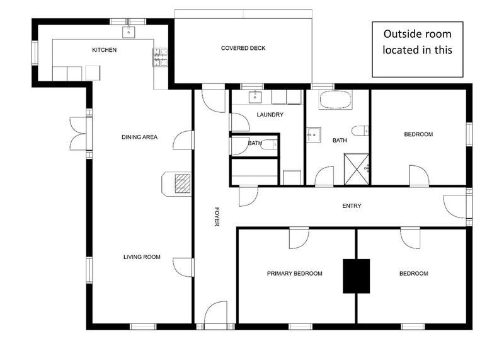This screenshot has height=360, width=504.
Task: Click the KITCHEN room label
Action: pyautogui.click(x=104, y=50)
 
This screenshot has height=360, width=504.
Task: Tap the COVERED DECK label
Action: pyautogui.click(x=243, y=49)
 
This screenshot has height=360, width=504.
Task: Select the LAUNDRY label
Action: pyautogui.click(x=270, y=115)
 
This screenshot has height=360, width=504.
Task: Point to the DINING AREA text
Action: pyautogui.click(x=139, y=137)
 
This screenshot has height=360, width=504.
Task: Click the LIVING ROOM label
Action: pyautogui.click(x=142, y=257)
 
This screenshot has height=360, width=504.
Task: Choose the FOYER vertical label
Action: pyautogui.click(x=217, y=216)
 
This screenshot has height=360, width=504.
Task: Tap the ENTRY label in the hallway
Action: pyautogui.click(x=352, y=206)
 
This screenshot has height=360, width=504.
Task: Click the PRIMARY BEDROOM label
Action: pyautogui.click(x=294, y=274)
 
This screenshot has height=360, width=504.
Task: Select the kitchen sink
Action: pyautogui.click(x=129, y=32)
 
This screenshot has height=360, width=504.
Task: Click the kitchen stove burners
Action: pyautogui.click(x=160, y=57)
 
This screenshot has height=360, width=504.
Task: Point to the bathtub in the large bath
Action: pyautogui.click(x=335, y=100)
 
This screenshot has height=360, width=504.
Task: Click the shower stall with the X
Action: pyautogui.click(x=357, y=169)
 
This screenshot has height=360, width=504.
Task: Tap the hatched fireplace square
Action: pyautogui.click(x=183, y=183)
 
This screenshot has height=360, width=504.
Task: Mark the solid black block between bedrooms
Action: pyautogui.click(x=356, y=276)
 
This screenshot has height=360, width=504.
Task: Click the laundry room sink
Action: pyautogui.click(x=255, y=97)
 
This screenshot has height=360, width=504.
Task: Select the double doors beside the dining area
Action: pyautogui.click(x=78, y=134)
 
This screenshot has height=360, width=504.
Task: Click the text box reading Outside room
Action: pyautogui.click(x=418, y=49)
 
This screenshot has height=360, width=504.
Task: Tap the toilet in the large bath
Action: pyautogui.click(x=360, y=131)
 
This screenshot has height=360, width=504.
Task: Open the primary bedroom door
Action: pyautogui.click(x=299, y=238)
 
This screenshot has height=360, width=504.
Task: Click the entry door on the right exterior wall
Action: pyautogui.click(x=454, y=206)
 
